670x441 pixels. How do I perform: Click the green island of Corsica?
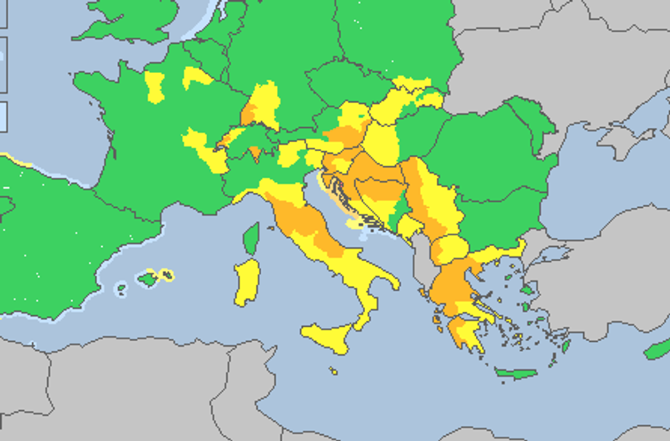252,238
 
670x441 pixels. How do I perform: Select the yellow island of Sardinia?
247,281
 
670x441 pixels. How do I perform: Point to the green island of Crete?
516,373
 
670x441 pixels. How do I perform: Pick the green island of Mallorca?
147,279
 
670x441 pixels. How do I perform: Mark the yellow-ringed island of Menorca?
166,275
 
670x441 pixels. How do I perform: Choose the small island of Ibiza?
121,289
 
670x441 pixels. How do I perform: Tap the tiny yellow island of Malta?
333,371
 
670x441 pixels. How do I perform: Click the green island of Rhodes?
566,346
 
